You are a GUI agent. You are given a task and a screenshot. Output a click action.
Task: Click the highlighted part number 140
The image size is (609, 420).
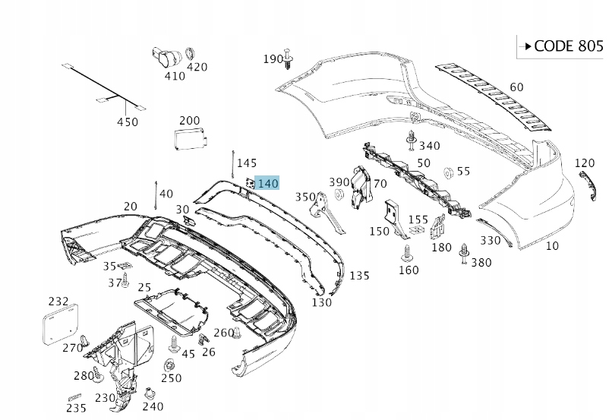tap(268, 183)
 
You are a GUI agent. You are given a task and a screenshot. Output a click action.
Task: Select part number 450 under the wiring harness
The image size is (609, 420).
tap(128, 122)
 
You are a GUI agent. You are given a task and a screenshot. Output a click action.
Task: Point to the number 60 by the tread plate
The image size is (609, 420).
tap(516, 87)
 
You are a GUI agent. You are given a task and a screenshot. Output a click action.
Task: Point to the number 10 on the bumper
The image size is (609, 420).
tap(552, 245)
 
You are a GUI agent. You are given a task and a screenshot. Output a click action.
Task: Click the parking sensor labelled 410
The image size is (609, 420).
tap(167, 56)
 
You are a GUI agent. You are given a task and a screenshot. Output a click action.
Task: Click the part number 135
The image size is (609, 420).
tap(359, 275)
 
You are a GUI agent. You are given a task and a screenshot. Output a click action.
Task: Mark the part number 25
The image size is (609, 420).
tap(144, 288)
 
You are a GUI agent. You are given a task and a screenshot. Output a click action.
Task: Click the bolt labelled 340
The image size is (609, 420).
tap(411, 140)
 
